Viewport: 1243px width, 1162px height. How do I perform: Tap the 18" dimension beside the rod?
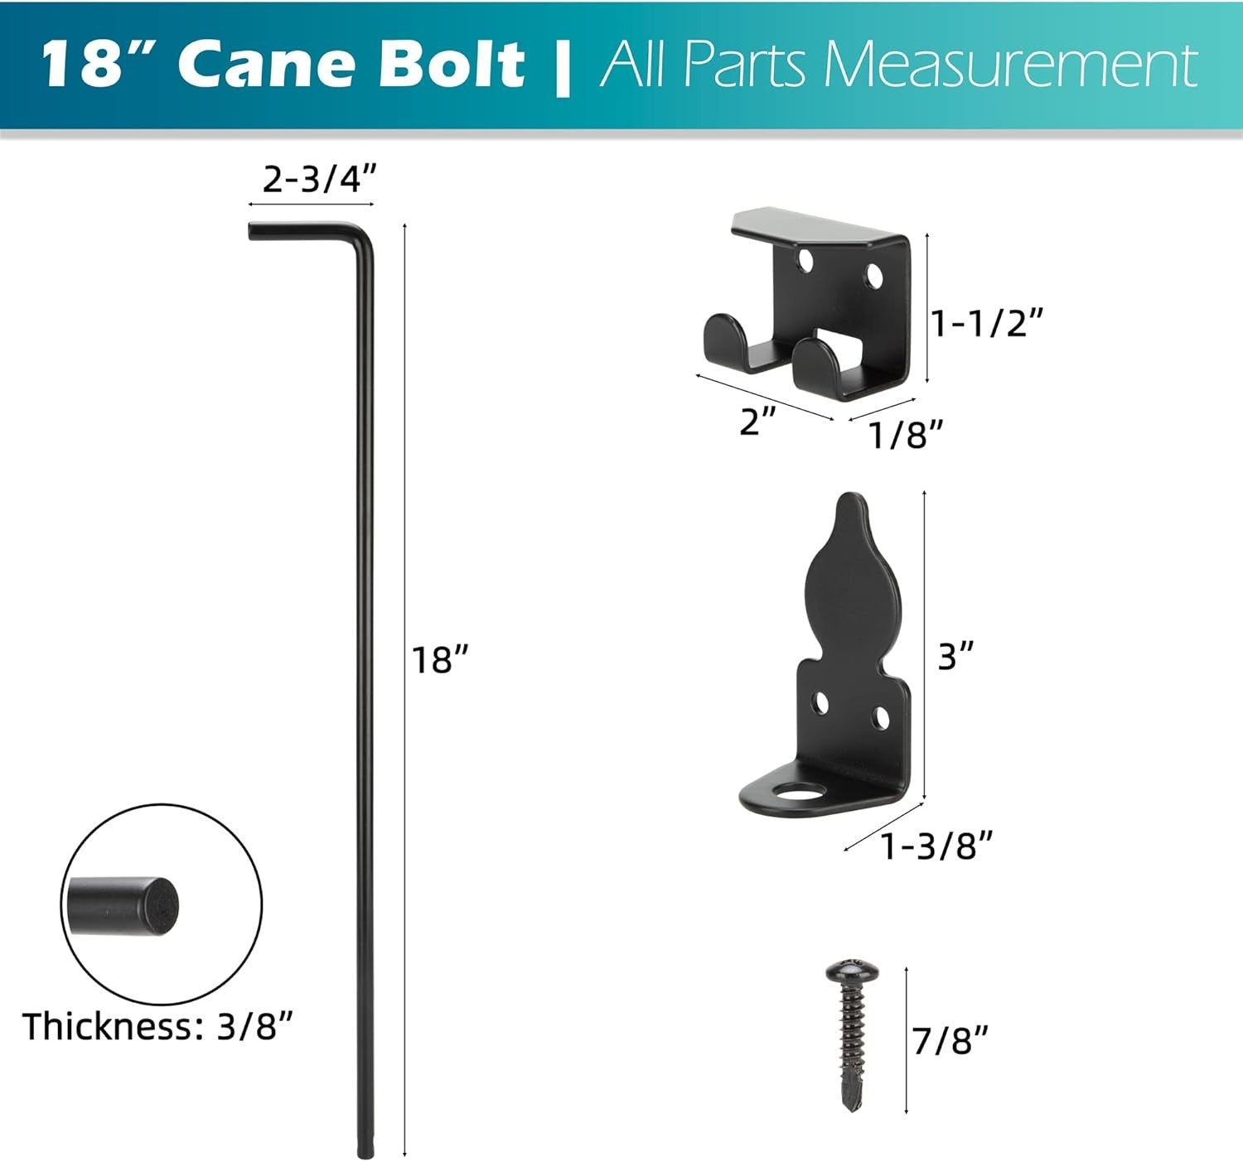coord(441,660)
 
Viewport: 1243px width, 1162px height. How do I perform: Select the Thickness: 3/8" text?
coord(158,1027)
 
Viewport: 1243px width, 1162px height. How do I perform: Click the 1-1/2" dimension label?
coord(986,323)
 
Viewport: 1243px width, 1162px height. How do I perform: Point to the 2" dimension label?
coord(757,423)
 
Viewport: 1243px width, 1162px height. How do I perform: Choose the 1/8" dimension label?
coord(907,435)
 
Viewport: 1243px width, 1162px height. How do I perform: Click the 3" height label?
coord(955,657)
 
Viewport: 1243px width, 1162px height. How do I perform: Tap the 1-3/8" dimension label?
coord(936,846)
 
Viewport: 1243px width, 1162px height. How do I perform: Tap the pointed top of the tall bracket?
coord(852,507)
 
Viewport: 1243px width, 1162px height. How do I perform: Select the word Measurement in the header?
coord(1011,65)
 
